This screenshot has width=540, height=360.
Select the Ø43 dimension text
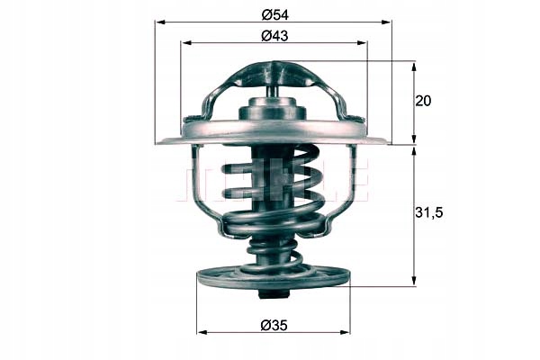tap(274, 35)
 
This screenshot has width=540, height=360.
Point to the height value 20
tap(423, 101)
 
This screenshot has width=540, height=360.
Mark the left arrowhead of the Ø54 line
tap(159, 22)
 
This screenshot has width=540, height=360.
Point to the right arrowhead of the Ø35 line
tap(346, 332)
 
